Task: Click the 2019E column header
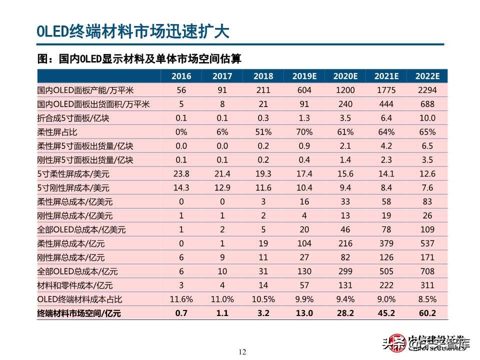coord(304,76)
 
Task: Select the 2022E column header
coord(427,76)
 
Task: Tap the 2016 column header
coord(181,76)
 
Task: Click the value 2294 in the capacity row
coord(427,90)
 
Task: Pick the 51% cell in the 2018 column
coord(263,132)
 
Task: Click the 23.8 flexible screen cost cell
coord(181,174)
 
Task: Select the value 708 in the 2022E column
coord(427,271)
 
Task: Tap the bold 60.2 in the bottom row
coord(427,313)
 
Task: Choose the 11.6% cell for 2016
coord(181,299)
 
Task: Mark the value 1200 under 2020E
coord(345,90)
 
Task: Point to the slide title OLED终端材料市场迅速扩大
coord(132,31)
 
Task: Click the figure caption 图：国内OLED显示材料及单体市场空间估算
coord(139,59)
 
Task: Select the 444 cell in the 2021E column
coord(386,104)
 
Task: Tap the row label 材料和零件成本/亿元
coord(75,285)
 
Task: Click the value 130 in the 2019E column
coord(304,271)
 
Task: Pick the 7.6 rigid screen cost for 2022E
coord(427,188)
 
